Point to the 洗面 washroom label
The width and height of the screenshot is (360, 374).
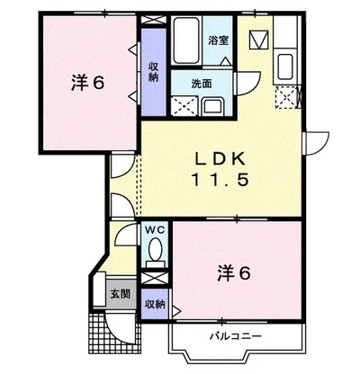(201, 83)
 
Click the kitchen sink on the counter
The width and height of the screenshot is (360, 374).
(287, 66)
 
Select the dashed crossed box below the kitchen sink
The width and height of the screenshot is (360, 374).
(288, 96)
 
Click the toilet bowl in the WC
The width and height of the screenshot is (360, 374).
(156, 249)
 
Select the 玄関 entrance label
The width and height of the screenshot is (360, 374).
(120, 294)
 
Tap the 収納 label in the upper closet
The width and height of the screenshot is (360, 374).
(154, 72)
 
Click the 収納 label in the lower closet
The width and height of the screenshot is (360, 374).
(155, 304)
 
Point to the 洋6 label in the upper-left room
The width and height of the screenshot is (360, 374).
(88, 83)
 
